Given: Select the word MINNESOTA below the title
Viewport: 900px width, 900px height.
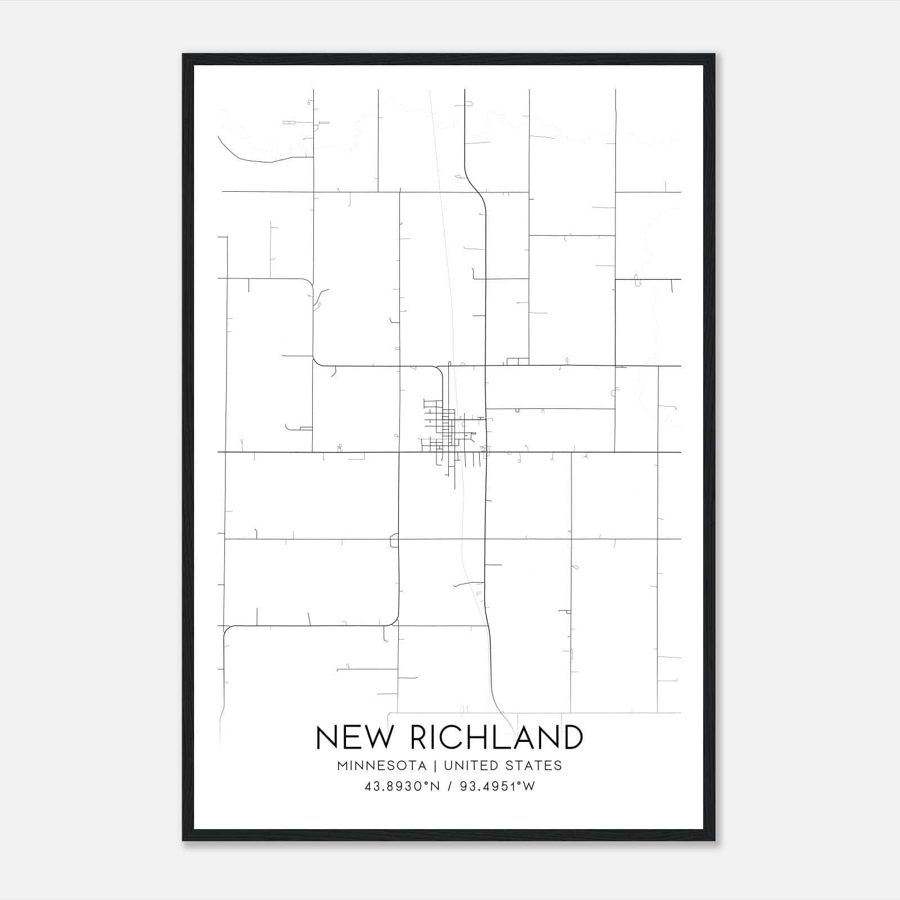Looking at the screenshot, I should point(382,766).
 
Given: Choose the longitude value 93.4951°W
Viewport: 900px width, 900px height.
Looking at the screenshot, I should point(498,786).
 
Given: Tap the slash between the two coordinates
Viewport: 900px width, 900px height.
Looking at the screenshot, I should point(450,786).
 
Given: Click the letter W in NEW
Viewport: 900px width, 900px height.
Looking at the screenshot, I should point(376,737).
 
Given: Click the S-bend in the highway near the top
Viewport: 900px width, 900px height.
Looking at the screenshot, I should point(476,186).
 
